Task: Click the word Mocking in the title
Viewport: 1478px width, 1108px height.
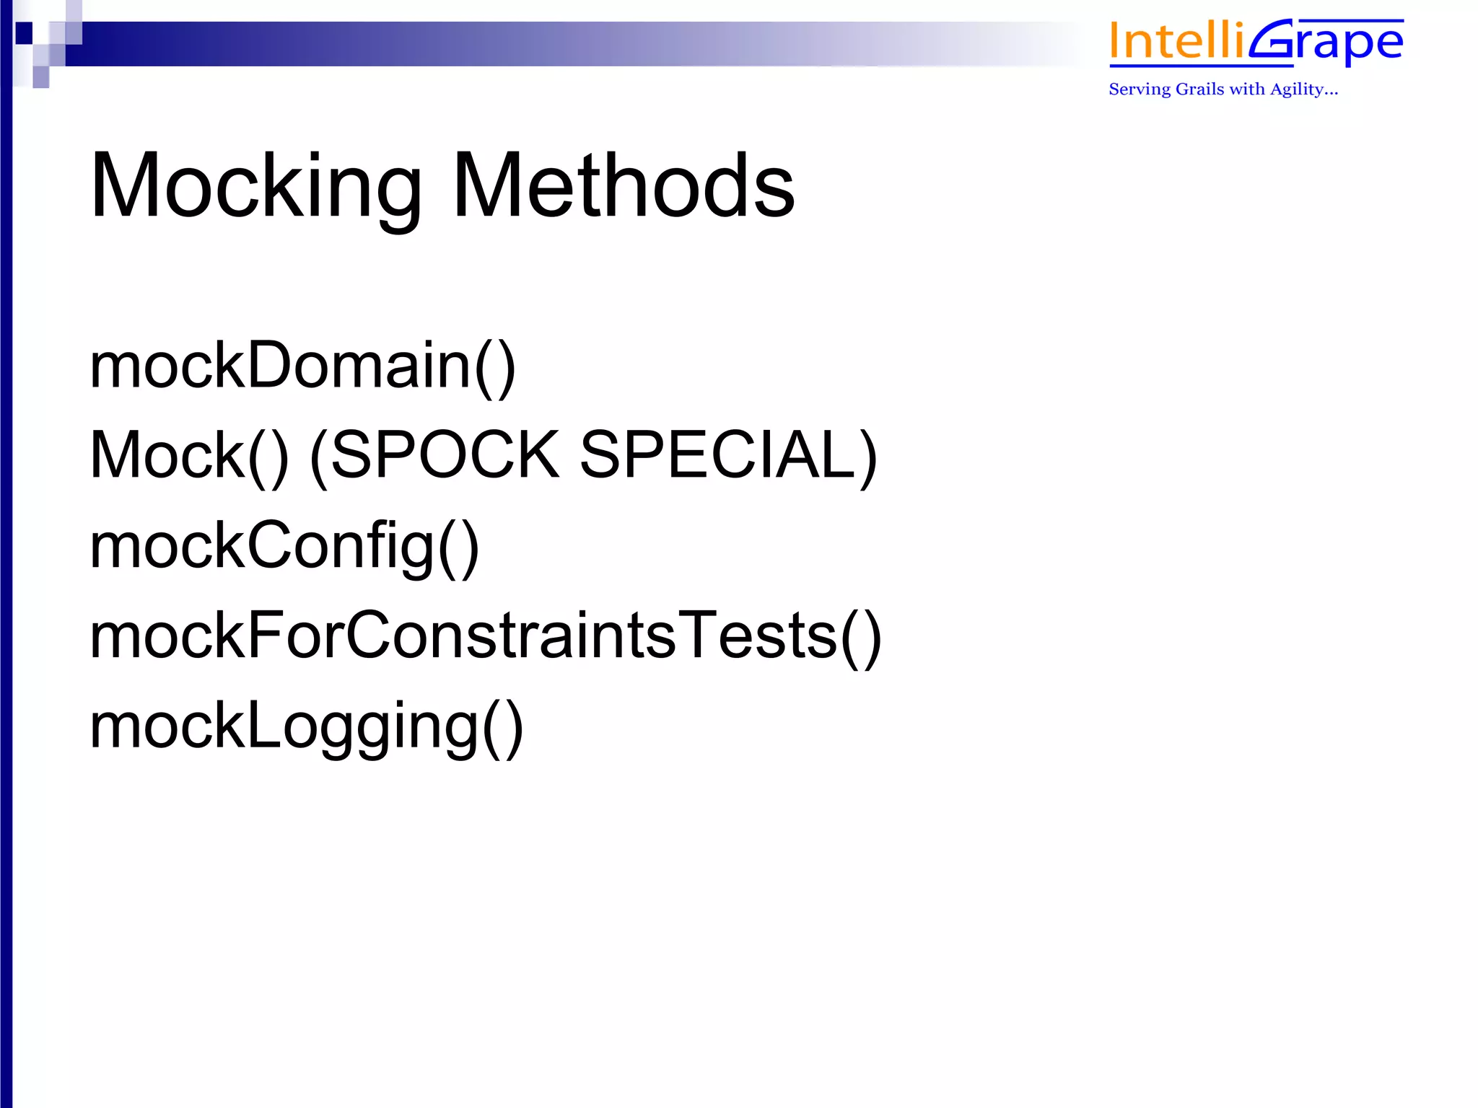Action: [x=255, y=186]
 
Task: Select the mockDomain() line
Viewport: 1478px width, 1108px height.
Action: [x=302, y=366]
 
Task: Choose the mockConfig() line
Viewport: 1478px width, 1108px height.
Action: [x=284, y=546]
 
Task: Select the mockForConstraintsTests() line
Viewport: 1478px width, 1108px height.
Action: [x=485, y=636]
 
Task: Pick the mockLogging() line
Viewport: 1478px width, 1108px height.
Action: [x=306, y=727]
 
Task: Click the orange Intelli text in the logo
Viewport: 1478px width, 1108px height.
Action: [x=1176, y=41]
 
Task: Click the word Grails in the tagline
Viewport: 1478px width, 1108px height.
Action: [x=1200, y=89]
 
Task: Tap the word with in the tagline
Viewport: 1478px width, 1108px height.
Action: [x=1247, y=89]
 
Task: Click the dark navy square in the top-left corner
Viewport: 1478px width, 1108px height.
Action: [x=24, y=32]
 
